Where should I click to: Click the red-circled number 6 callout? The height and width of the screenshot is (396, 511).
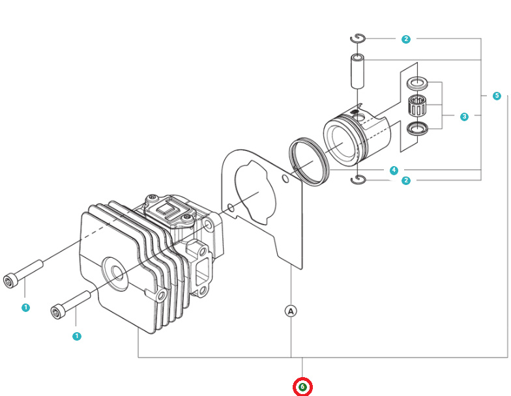click(302, 387)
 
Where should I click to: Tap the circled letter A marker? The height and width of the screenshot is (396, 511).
click(291, 311)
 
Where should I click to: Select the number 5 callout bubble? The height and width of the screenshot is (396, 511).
click(497, 96)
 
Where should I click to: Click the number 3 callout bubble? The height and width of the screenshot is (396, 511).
click(464, 117)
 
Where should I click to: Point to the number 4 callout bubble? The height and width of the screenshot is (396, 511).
click(394, 170)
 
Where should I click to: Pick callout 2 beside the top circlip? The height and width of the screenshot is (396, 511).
click(406, 39)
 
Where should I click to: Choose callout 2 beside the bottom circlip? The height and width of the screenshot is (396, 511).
click(406, 180)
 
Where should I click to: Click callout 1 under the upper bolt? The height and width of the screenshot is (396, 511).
click(25, 307)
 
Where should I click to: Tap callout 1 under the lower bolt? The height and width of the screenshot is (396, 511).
click(77, 336)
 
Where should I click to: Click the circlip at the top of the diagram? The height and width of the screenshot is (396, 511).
click(358, 38)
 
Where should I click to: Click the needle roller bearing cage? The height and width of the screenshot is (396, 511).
click(417, 104)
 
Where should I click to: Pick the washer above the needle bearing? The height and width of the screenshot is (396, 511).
click(417, 83)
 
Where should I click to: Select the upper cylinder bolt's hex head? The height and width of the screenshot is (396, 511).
click(10, 280)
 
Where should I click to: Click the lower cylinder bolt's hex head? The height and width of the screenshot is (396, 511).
click(57, 313)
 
